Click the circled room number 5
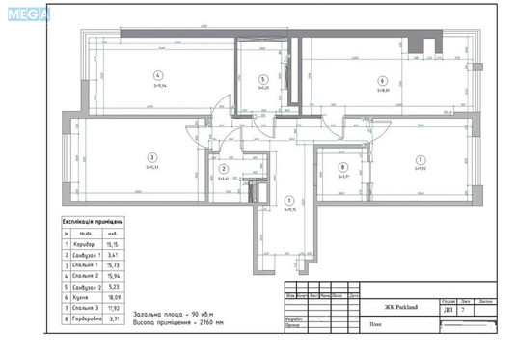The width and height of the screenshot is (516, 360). tap(262, 79)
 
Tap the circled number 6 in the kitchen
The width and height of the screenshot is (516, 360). tap(382, 81)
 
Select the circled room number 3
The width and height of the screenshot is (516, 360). tap(151, 156)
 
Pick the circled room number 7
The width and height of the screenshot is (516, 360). tap(420, 159)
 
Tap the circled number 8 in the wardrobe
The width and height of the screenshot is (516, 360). tap(342, 166)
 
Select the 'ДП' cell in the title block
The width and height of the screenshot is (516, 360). tap(448, 310)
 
